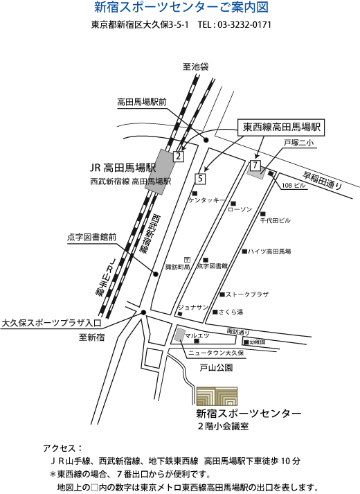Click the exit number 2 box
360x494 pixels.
pos(179,156)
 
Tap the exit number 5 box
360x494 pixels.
pos(201,179)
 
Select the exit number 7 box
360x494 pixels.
pos(255,165)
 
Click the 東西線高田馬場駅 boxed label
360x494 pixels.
pos(281,127)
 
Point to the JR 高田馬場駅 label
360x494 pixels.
pos(123,168)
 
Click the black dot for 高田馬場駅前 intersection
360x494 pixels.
pos(206,140)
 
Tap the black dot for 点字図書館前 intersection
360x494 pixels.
pos(155,274)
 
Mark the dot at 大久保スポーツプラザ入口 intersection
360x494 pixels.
pos(143,312)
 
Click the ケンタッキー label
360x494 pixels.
pos(207,200)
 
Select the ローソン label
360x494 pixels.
pos(240,209)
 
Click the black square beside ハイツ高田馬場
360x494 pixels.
pos(244,251)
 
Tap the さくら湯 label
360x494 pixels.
pos(231,312)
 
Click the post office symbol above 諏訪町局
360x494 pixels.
pos(187,260)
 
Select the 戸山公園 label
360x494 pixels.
pos(216,368)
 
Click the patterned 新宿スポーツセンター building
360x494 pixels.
pos(217,396)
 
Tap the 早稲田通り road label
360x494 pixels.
pos(322,180)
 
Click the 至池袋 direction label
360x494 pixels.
pos(195,67)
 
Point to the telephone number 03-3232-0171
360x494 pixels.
pos(244,25)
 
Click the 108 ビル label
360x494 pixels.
pos(294,186)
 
